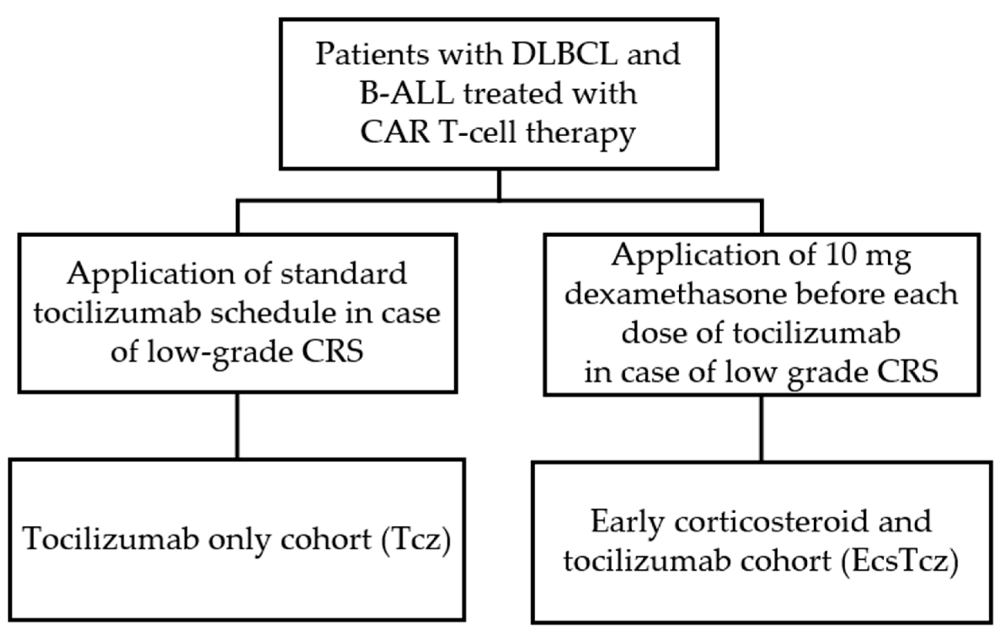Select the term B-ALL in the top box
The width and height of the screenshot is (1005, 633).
pyautogui.click(x=407, y=93)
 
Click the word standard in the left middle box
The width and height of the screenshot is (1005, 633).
pyautogui.click(x=344, y=274)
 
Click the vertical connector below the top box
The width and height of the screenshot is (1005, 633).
pyautogui.click(x=499, y=185)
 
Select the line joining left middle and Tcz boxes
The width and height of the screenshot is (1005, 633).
pyautogui.click(x=237, y=425)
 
